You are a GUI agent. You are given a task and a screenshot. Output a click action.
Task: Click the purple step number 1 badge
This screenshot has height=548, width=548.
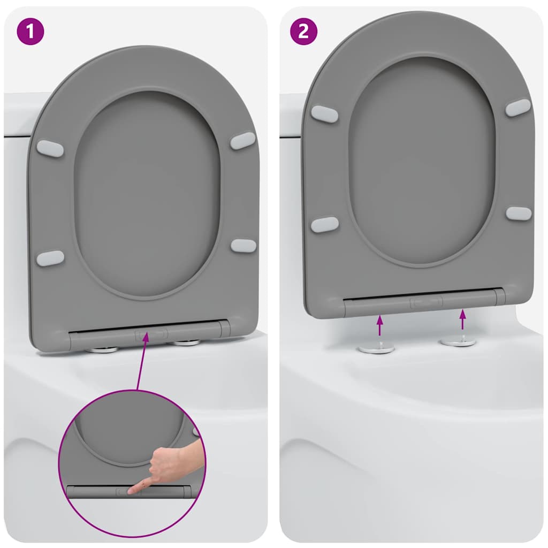pos(30,32)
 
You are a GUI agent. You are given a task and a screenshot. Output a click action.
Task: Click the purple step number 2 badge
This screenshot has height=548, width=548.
pos(303,32)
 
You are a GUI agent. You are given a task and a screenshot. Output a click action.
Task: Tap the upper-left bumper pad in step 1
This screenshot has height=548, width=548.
pos(50,148)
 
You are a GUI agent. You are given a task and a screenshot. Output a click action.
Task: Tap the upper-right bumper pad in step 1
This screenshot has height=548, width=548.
pos(243,141)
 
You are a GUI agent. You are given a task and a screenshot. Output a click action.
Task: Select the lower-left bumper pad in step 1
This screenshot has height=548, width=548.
pos(50,258)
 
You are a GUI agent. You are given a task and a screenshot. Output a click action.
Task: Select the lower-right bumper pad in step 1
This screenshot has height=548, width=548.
pos(243,246)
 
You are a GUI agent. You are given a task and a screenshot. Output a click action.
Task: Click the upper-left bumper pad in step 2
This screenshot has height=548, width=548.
pos(324,114)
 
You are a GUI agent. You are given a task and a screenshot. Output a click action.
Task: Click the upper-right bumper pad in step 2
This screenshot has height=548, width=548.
pos(518,108)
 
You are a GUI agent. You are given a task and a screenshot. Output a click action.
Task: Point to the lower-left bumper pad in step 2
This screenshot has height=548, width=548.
pos(324,224)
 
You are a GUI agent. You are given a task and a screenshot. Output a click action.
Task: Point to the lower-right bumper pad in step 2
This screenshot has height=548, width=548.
pos(519,213)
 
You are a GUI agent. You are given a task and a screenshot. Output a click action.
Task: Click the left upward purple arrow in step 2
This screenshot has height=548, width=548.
pos(379,325)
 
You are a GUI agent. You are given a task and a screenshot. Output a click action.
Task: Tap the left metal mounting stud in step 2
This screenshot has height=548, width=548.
pos(376,348)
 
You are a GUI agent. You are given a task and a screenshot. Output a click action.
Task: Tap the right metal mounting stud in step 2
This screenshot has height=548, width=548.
pos(458,341)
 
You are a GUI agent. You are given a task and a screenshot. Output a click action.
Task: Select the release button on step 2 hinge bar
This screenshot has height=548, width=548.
pos(426,302)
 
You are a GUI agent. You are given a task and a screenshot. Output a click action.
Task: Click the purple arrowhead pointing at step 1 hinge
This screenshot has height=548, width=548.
pos(146,338)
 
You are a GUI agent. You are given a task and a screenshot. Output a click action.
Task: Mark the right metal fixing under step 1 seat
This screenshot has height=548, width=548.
pos(186,342)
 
